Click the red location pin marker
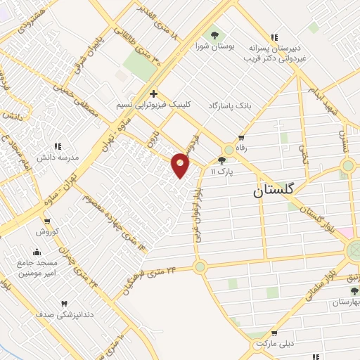point(181,165)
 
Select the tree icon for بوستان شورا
point(214,35)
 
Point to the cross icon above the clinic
point(153,94)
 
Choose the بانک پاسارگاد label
point(229,105)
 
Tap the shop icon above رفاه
point(241,138)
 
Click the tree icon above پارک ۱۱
point(221,160)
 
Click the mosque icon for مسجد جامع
point(37,252)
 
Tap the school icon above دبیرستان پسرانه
point(274,37)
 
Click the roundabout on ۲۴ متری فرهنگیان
point(200,266)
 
